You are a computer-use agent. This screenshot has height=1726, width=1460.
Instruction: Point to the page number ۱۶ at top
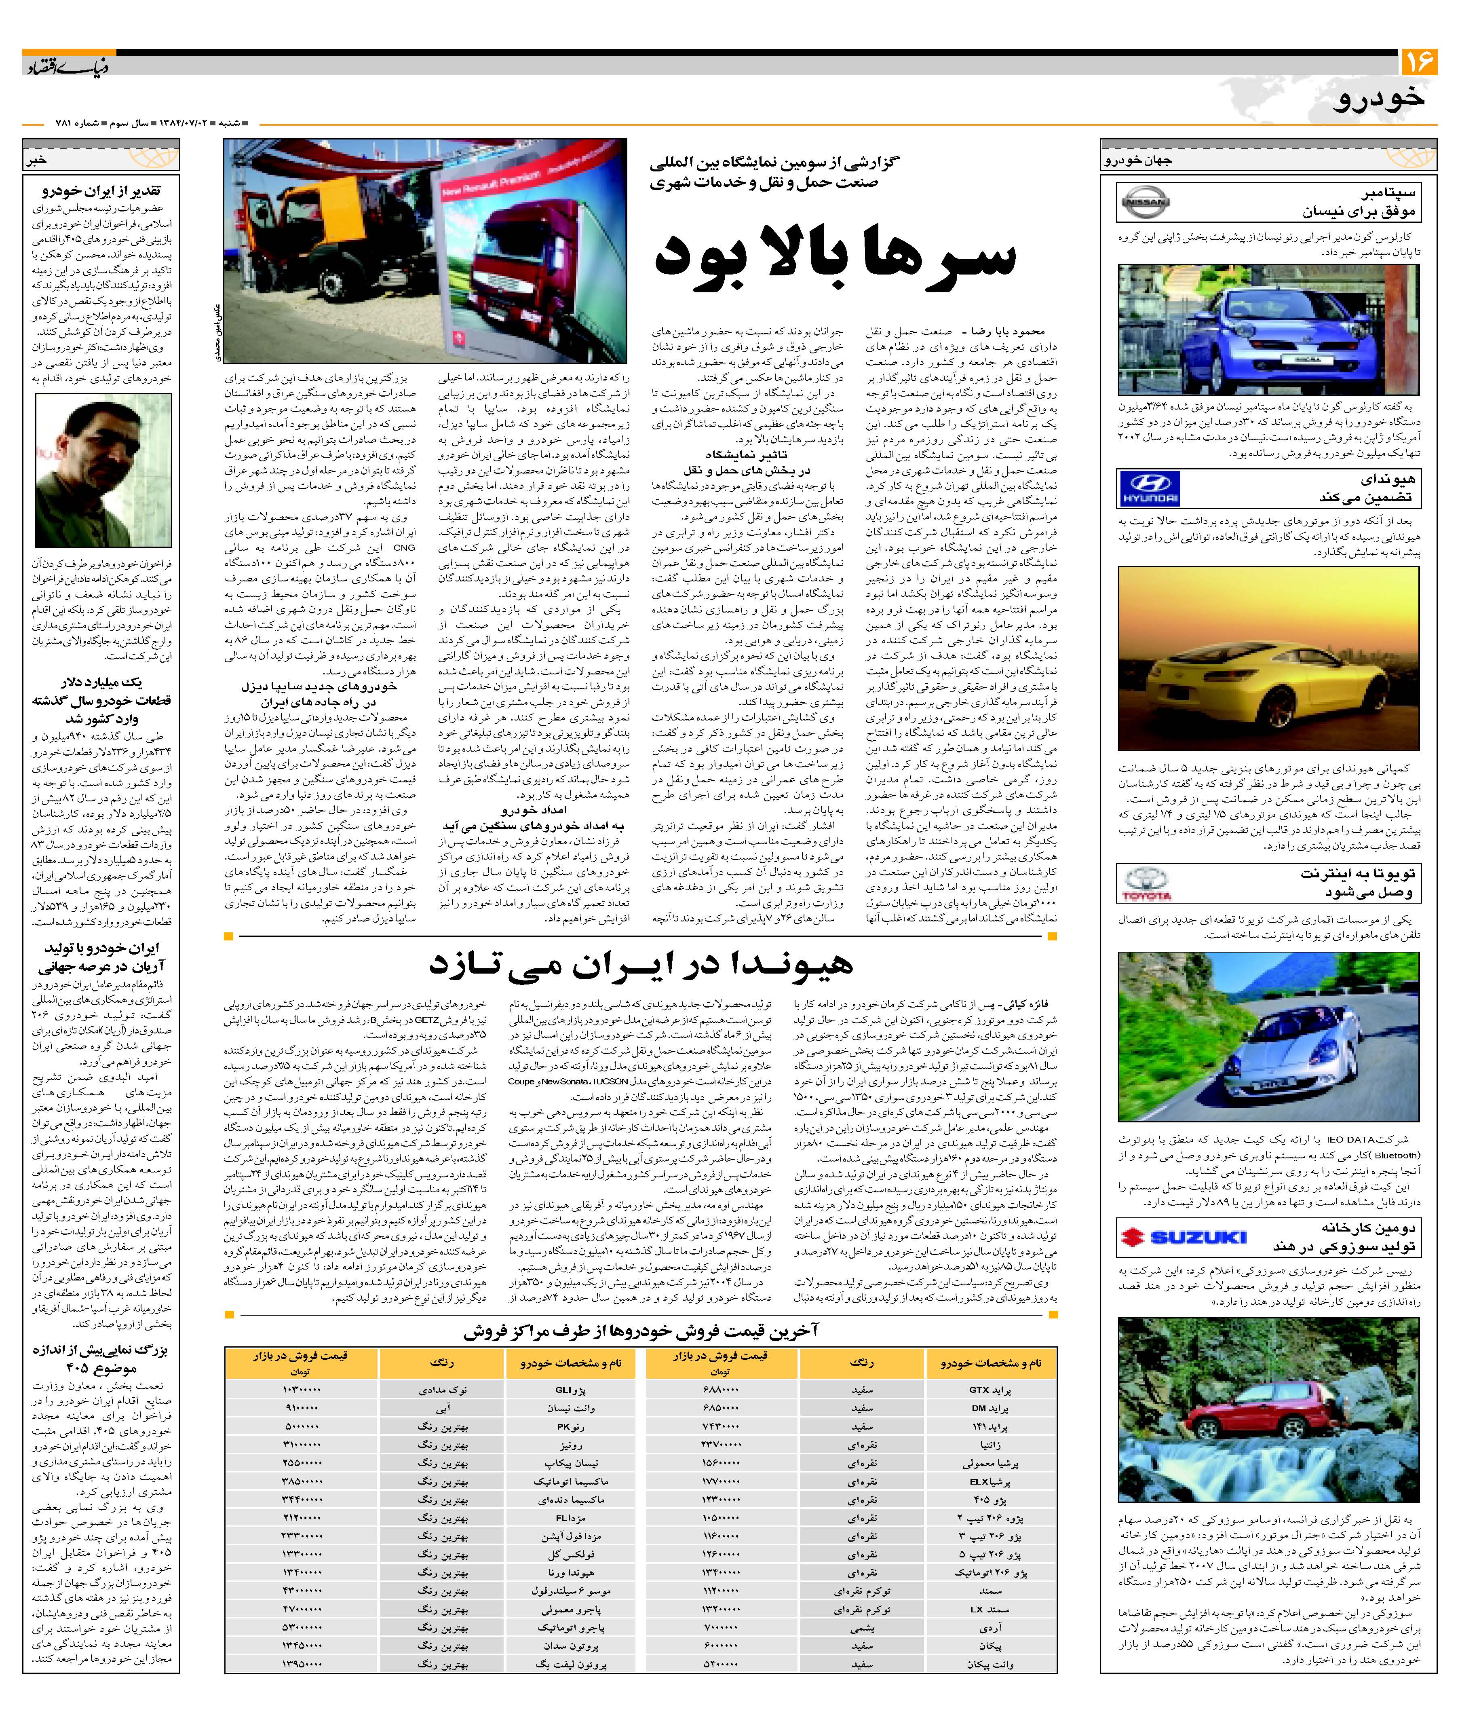pos(1419,64)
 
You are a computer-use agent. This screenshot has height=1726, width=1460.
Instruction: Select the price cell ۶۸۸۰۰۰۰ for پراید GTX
pos(718,1390)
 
